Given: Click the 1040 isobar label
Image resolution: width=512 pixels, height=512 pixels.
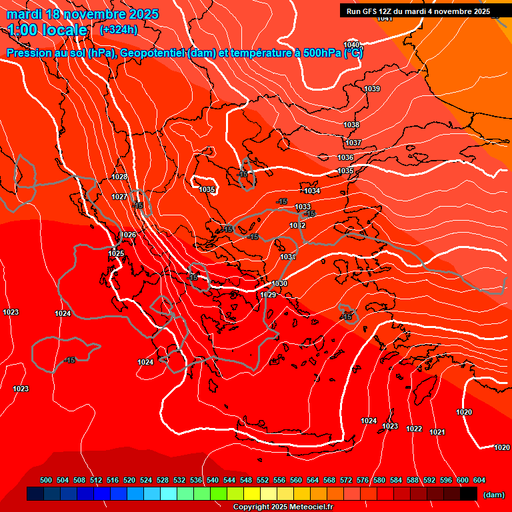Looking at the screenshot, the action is pyautogui.click(x=351, y=45).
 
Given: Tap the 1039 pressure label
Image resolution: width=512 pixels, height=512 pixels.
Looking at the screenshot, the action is pyautogui.click(x=372, y=89).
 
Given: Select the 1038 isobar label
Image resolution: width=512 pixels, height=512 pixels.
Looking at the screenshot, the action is pyautogui.click(x=351, y=125).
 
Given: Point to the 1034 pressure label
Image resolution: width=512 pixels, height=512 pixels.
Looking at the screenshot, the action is pyautogui.click(x=312, y=191).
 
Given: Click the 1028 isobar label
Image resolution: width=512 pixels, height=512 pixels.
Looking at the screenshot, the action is pyautogui.click(x=119, y=177).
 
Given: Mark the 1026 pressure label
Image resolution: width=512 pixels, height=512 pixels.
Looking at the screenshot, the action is pyautogui.click(x=129, y=235).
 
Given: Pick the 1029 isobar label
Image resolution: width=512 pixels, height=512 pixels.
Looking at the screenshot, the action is pyautogui.click(x=268, y=295).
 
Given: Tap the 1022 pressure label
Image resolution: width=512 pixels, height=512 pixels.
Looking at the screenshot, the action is pyautogui.click(x=414, y=429).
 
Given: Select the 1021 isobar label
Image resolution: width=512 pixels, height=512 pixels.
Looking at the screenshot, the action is pyautogui.click(x=437, y=433).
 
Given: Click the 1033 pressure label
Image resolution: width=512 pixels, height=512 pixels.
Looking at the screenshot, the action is pyautogui.click(x=303, y=207).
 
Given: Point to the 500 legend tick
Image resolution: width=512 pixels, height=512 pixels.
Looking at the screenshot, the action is pyautogui.click(x=46, y=480).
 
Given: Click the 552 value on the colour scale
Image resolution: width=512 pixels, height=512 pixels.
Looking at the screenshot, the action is pyautogui.click(x=263, y=480).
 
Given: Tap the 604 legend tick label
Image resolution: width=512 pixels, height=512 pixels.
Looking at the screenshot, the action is pyautogui.click(x=479, y=480).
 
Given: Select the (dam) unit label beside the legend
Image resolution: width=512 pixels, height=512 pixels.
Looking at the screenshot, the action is pyautogui.click(x=493, y=495).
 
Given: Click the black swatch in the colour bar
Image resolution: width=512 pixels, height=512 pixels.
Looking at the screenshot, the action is pyautogui.click(x=469, y=494).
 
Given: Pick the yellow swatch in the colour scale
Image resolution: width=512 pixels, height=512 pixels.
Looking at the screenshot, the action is pyautogui.click(x=252, y=494).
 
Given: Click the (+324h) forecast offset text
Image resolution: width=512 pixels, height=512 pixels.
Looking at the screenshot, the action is pyautogui.click(x=119, y=29).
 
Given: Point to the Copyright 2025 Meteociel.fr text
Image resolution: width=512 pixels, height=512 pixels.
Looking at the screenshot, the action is pyautogui.click(x=283, y=507).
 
